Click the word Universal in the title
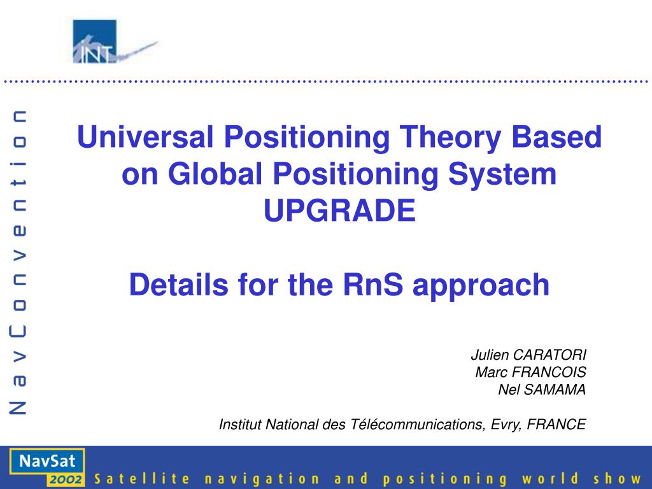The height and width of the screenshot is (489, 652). pyautogui.click(x=145, y=136)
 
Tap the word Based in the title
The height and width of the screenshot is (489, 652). pyautogui.click(x=556, y=136)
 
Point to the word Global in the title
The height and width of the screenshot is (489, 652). pyautogui.click(x=215, y=173)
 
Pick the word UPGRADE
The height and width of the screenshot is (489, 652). pyautogui.click(x=340, y=210)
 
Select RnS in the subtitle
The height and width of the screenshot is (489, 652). pyautogui.click(x=373, y=285)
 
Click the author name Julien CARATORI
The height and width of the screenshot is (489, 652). pyautogui.click(x=528, y=355)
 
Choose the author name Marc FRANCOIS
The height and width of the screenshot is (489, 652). pyautogui.click(x=530, y=372)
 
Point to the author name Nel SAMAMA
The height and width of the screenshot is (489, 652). pyautogui.click(x=542, y=389)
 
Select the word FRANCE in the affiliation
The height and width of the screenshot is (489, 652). pyautogui.click(x=556, y=424)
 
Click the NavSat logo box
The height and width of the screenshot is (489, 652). pyautogui.click(x=47, y=467)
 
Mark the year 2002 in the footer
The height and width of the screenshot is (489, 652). pyautogui.click(x=65, y=479)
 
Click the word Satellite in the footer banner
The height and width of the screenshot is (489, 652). pyautogui.click(x=142, y=479)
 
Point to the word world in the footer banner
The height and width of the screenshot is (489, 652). pyautogui.click(x=550, y=479)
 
